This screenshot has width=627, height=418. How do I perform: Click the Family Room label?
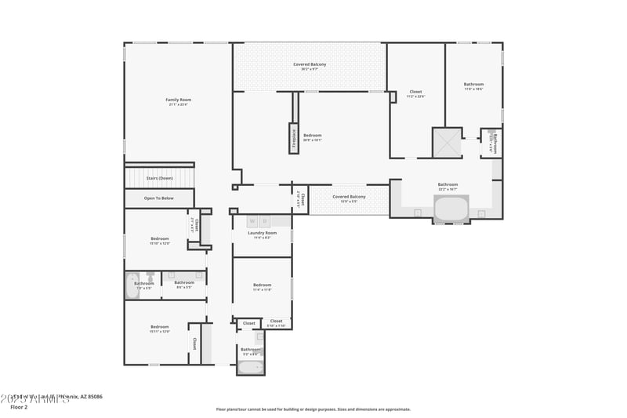(178, 100)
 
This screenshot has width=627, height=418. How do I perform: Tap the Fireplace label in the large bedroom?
(294, 136)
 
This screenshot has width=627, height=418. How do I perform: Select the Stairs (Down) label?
(159, 178)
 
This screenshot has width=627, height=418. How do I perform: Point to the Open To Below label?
(159, 198)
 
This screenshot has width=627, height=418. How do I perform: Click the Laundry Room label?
(262, 233)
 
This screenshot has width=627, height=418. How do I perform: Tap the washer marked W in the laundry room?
(252, 221)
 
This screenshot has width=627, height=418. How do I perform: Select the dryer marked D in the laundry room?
(265, 221)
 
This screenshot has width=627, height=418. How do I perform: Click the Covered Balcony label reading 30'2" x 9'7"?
(310, 64)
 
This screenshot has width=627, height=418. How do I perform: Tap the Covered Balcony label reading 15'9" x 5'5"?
(349, 197)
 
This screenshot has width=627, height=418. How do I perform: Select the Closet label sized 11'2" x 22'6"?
(415, 93)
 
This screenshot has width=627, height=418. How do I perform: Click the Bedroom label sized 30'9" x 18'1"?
(313, 136)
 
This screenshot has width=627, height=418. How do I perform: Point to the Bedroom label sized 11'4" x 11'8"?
(262, 285)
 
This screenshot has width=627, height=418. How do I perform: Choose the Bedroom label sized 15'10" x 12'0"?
(160, 238)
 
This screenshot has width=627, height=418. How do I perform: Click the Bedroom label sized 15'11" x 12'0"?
(160, 327)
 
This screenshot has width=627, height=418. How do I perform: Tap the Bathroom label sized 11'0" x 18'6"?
(473, 85)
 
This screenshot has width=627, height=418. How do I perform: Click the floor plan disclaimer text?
(313, 409)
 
